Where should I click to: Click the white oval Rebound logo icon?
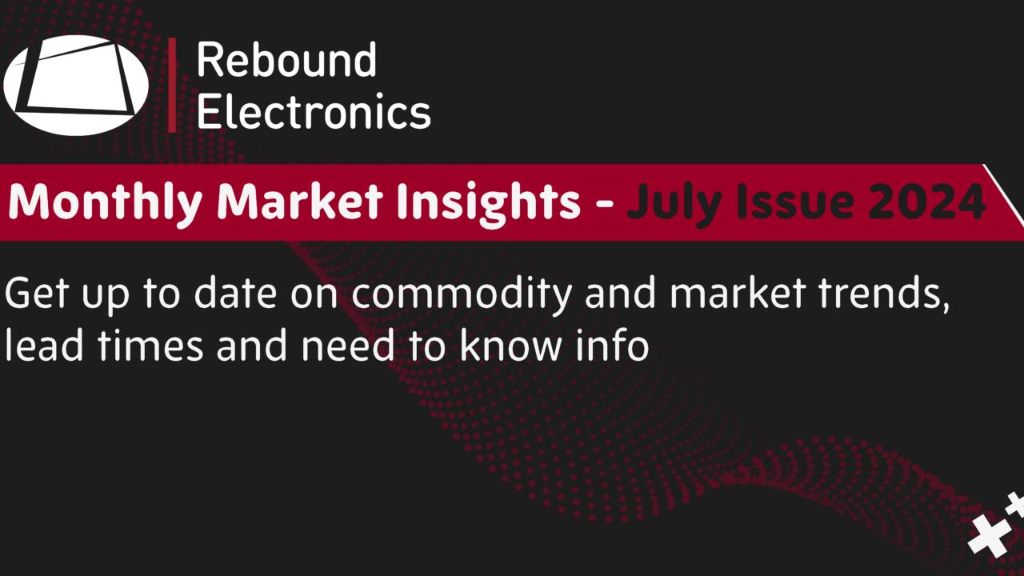click(x=76, y=85)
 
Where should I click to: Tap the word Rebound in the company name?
click(x=286, y=61)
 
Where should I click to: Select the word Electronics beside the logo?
click(x=313, y=111)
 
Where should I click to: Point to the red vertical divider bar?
click(x=172, y=85)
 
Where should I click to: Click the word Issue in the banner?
click(x=780, y=202)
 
